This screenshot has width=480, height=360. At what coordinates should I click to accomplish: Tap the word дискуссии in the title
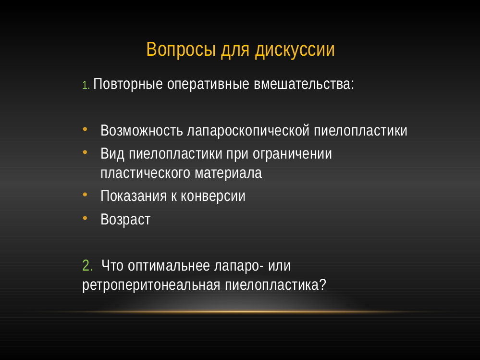pos(295,50)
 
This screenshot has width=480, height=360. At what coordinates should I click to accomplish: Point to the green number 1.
pos(86,86)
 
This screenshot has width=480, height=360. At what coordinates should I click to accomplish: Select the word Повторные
pos(128,84)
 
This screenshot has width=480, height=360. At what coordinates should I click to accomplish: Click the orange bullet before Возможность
pos(85,129)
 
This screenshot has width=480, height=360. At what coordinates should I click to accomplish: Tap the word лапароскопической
pos(248,130)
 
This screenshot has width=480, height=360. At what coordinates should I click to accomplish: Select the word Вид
pos(112,153)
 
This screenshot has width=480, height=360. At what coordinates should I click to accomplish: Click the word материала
pos(228,173)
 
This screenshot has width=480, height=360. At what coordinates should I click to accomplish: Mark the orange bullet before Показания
pos(85,194)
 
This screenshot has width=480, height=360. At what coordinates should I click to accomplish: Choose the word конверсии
pos(213,196)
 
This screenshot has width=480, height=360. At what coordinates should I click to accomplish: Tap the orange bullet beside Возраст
pos(85,218)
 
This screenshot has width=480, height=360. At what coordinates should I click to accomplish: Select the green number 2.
pos(87,265)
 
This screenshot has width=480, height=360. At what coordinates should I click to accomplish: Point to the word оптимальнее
pos(169,265)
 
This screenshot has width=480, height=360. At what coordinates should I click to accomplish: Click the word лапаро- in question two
pos(239,266)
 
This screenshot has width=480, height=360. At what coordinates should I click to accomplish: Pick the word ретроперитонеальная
pos(151,285)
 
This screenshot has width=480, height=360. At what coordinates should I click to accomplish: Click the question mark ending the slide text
pos(322,285)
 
